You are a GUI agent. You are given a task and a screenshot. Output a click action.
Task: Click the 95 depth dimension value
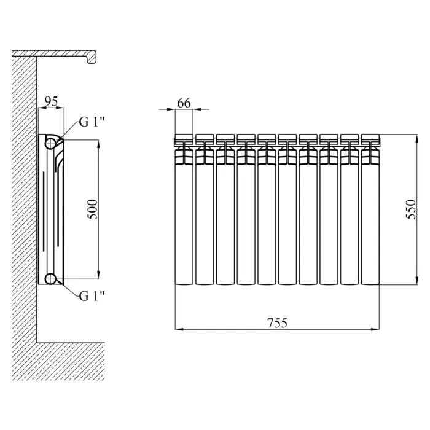click(x=51, y=102)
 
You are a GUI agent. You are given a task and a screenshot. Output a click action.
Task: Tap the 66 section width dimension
click(x=184, y=103)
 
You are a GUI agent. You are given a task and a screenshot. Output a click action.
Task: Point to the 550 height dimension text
click(x=411, y=209)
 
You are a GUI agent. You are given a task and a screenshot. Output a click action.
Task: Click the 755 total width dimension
click(x=277, y=323)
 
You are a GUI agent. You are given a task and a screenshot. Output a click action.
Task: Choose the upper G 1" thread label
click(x=92, y=122)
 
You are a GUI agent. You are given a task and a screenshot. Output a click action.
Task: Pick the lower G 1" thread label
click(x=92, y=296)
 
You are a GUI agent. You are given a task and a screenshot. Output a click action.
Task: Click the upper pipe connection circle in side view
click(x=50, y=143)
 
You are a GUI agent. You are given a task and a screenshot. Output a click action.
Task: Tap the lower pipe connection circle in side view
click(x=50, y=279)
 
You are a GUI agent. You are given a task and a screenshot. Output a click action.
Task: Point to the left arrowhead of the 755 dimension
click(x=179, y=329)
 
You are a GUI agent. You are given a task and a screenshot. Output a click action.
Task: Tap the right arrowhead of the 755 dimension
click(x=375, y=329)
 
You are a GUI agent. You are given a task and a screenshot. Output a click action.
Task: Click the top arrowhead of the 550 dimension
click(x=417, y=138)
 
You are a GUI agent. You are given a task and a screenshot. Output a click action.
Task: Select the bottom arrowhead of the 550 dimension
click(x=417, y=281)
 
